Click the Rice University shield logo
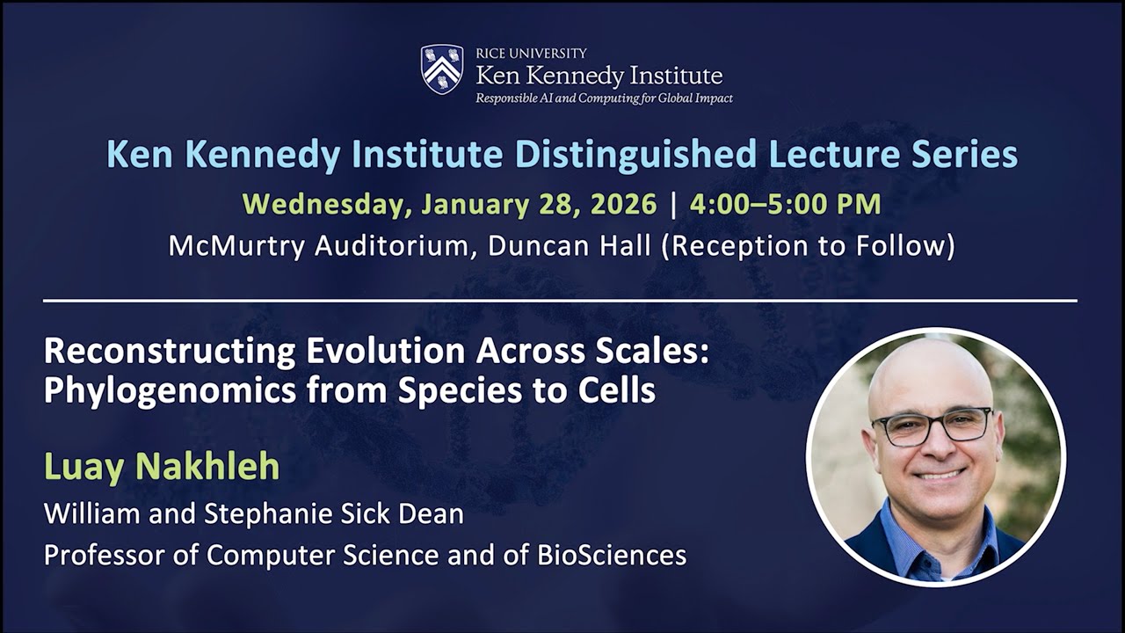(x=442, y=69)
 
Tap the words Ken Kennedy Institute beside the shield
(x=599, y=76)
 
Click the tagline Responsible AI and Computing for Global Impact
(x=604, y=98)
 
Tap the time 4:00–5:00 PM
(x=785, y=204)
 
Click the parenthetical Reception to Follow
(x=808, y=246)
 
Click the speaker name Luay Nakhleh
(x=162, y=467)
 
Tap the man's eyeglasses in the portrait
(x=932, y=426)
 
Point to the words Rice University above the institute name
(x=531, y=54)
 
